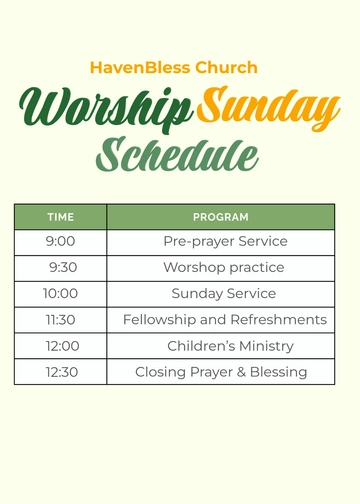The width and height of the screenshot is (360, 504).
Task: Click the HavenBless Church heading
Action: [174, 68]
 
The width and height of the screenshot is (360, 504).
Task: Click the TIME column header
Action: [61, 217]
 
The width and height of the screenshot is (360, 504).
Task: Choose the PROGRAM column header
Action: [220, 217]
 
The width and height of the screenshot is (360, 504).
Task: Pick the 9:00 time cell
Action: [61, 242]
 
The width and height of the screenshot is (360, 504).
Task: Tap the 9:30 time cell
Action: [62, 268]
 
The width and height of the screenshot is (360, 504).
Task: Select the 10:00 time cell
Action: [61, 294]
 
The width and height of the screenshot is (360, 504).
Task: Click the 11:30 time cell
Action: [61, 320]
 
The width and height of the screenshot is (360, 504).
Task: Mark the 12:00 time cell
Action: [61, 346]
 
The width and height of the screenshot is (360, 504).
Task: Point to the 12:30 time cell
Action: [61, 372]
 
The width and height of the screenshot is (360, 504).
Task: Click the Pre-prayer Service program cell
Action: [225, 242]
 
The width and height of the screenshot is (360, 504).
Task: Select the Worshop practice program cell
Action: [224, 268]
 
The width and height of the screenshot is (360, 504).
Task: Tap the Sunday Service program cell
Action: [224, 294]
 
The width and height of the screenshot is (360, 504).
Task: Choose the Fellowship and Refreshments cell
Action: [225, 320]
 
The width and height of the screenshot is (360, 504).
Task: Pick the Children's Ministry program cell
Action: [230, 346]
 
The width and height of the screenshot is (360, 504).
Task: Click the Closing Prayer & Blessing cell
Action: [221, 372]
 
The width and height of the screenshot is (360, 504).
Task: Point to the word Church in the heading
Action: [226, 68]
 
